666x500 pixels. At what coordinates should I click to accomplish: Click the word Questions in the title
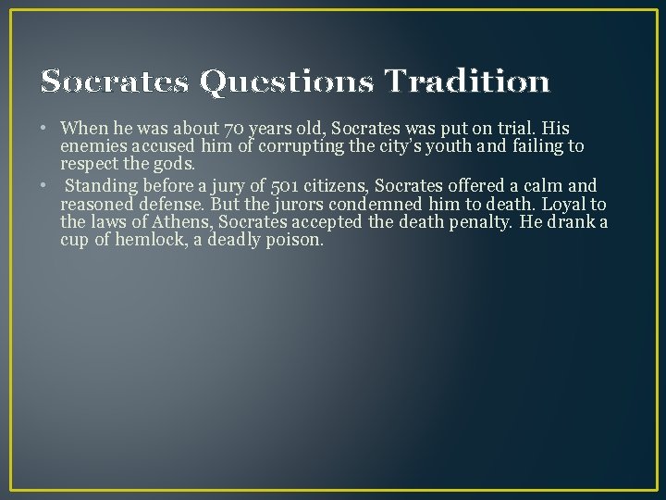287,83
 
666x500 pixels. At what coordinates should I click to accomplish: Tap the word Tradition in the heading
467,83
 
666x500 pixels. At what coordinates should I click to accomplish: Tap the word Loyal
560,204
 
